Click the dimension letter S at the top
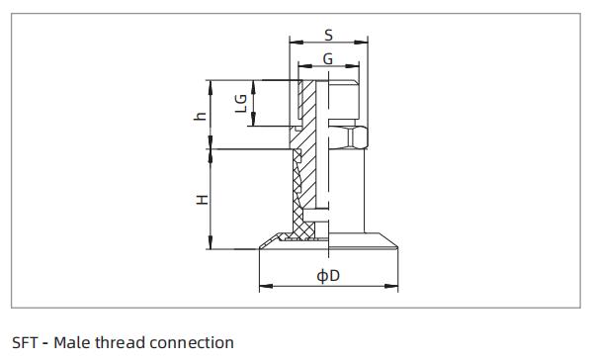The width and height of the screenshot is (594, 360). coord(328,35)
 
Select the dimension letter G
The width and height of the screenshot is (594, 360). coord(327,59)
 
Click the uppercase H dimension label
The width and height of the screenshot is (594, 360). coord(201,199)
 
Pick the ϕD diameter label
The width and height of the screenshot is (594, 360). coord(327,275)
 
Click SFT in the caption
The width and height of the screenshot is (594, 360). coord(25,343)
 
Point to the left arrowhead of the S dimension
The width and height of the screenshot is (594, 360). coord(293,43)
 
